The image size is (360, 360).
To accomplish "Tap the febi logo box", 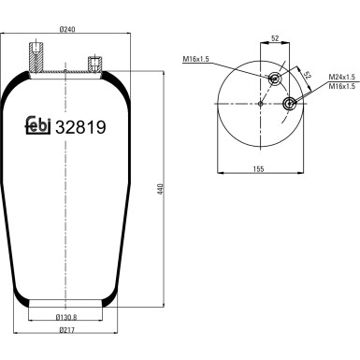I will coord(36,130).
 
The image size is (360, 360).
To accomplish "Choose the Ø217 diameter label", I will coord(65,332).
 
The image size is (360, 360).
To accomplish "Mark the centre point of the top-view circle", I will coord(258,103).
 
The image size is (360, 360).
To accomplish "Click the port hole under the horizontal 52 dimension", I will coord(274,78).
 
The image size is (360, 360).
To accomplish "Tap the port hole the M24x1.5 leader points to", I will coord(290,102).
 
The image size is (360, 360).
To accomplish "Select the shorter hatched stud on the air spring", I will coord(94,66).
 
